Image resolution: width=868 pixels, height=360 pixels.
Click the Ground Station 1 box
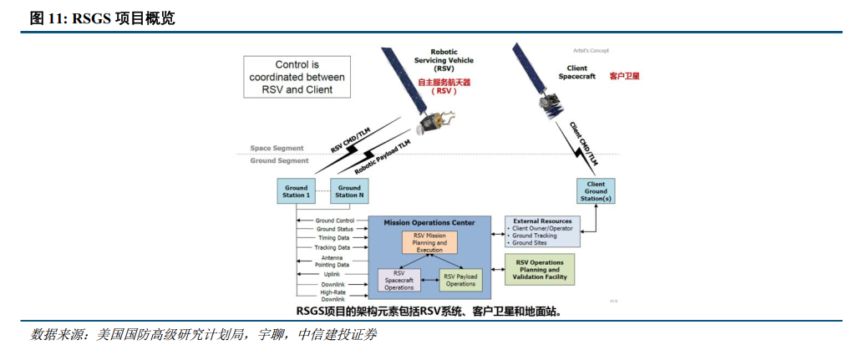(296, 191)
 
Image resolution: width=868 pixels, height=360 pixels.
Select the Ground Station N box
(349, 191)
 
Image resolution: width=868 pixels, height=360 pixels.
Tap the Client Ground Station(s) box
(596, 191)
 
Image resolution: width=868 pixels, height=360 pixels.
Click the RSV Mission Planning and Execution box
(430, 243)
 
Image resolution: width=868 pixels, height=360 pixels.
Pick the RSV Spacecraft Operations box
(399, 280)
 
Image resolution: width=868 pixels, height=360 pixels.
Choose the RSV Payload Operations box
(460, 280)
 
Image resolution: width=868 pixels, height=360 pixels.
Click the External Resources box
(542, 231)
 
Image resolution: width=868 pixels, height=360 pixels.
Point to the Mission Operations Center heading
(429, 222)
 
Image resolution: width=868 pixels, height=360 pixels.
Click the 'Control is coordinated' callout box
(297, 77)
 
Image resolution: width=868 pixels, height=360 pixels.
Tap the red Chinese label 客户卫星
(624, 76)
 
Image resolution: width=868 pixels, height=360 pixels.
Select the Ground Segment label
(279, 160)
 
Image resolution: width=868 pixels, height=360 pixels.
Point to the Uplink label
(332, 274)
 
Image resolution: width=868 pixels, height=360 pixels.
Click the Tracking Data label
(332, 247)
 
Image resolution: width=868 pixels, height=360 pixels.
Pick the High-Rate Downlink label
(332, 296)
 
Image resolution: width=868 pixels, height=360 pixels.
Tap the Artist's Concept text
(591, 50)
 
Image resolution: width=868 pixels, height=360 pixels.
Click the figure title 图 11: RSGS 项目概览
(102, 18)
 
